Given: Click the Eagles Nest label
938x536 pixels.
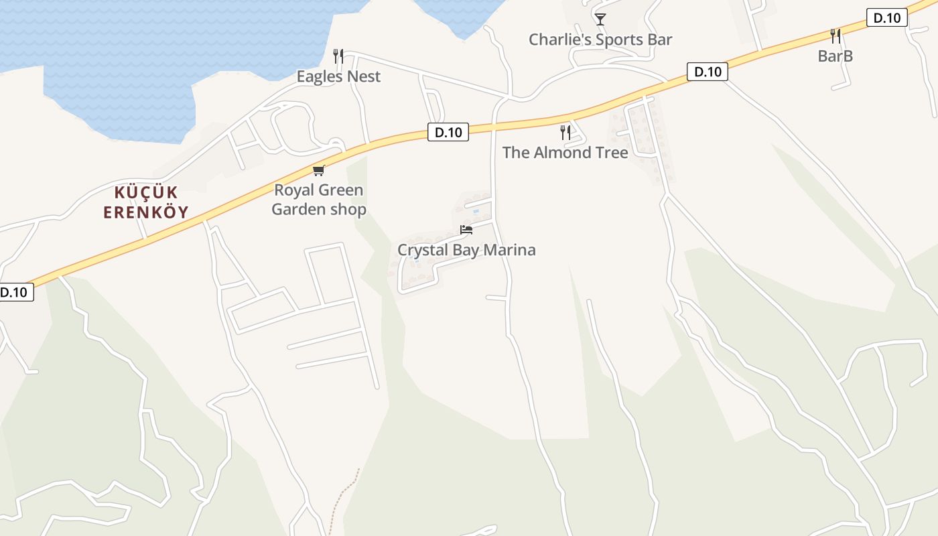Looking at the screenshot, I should click(x=338, y=76).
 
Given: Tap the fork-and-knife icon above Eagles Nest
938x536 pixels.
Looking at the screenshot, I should click(x=338, y=56).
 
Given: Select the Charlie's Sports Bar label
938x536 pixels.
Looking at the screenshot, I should click(x=600, y=40).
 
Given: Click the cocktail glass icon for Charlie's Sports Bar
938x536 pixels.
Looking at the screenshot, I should click(x=600, y=19).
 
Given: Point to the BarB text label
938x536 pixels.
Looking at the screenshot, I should click(x=835, y=56).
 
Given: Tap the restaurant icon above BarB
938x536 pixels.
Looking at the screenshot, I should click(x=835, y=36).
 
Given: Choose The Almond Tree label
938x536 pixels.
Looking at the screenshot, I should click(x=565, y=152).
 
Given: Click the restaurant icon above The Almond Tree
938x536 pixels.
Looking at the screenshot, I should click(x=565, y=132).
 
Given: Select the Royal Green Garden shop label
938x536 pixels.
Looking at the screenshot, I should click(x=319, y=200).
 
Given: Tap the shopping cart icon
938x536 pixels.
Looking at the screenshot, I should click(x=319, y=170).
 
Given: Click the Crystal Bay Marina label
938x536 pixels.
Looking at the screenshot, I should click(x=466, y=250).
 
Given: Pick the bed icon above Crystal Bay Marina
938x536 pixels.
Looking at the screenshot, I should click(x=466, y=230).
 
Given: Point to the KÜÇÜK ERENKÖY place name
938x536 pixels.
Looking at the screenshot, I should click(x=145, y=202).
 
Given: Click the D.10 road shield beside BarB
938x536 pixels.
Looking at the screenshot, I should click(x=886, y=18).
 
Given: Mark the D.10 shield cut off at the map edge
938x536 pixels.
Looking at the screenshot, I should click(x=15, y=292).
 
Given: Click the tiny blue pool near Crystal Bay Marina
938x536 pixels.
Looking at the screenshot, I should click(x=476, y=212).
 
